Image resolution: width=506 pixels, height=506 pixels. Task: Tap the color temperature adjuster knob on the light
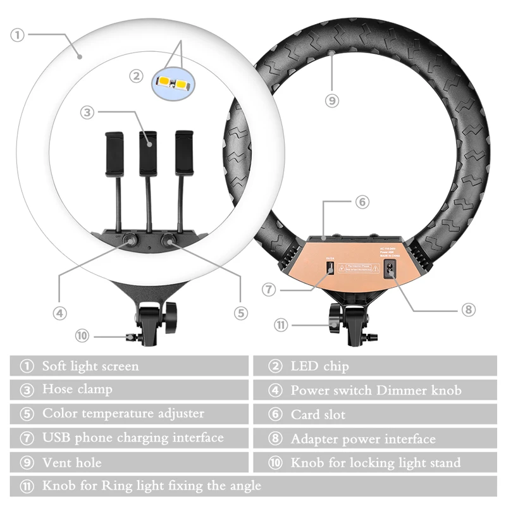tap(170, 240)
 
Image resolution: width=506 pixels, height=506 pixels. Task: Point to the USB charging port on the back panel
tap(329, 268)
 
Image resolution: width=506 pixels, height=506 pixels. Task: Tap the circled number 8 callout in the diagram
tap(467, 310)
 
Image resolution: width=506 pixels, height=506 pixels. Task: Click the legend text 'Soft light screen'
tap(90, 366)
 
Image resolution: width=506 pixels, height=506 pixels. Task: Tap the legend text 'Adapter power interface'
tap(363, 439)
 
